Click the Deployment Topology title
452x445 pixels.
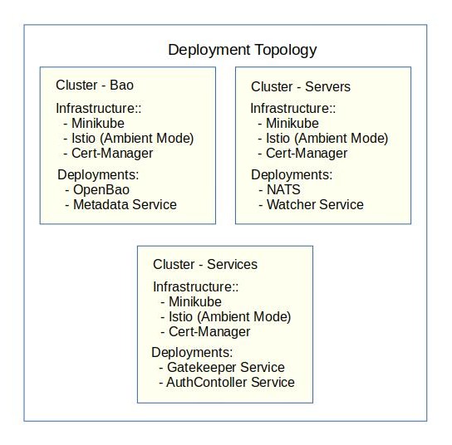pos(242,50)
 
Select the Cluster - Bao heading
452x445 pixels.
pos(95,85)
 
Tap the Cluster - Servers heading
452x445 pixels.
pos(300,86)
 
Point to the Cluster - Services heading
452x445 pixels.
pos(205,264)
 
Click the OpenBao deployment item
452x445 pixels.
pos(101,189)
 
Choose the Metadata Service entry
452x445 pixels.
pos(125,204)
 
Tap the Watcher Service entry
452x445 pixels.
pos(315,204)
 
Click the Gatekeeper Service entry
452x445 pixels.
pos(225,367)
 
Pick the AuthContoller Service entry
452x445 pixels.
pos(230,382)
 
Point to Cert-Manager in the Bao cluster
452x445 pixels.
pos(111,153)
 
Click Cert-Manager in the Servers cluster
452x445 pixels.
pos(306,154)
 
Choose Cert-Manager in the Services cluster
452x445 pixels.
pos(209,332)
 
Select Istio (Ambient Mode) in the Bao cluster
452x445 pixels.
pos(132,138)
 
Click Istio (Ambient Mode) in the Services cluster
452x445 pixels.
pos(229,317)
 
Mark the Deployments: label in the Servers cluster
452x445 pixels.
pos(292,174)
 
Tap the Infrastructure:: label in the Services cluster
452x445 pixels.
pos(196,286)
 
